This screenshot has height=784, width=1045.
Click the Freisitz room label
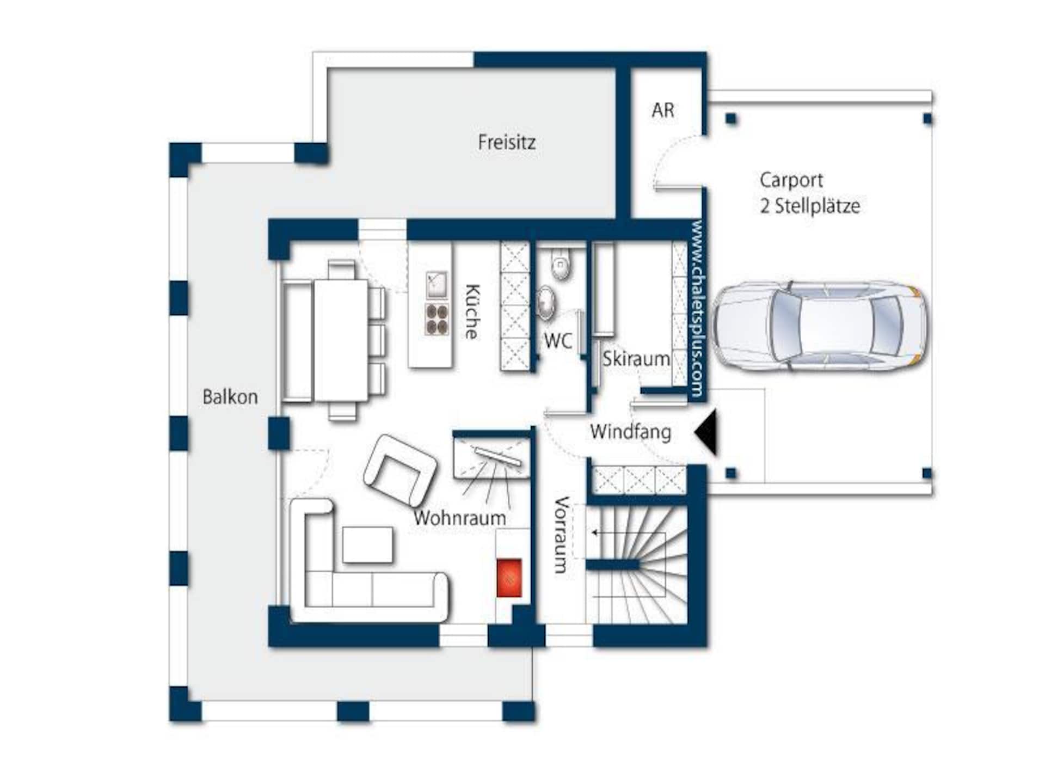(507, 142)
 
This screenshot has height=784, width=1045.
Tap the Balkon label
(230, 396)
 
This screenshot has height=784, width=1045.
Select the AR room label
(663, 110)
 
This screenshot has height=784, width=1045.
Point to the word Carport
(791, 180)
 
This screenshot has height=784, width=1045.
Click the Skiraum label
(636, 359)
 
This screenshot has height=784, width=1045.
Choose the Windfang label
(630, 432)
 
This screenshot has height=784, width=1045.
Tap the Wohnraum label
(460, 518)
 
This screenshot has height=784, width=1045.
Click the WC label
(558, 341)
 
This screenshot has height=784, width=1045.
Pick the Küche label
(472, 311)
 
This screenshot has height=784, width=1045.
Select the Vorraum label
(562, 535)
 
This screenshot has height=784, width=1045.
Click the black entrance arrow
(706, 433)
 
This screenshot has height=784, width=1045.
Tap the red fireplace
(509, 578)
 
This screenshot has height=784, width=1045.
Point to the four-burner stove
(437, 318)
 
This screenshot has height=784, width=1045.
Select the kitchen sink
(437, 285)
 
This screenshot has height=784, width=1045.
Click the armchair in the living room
(401, 469)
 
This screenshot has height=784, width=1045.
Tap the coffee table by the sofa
(367, 544)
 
